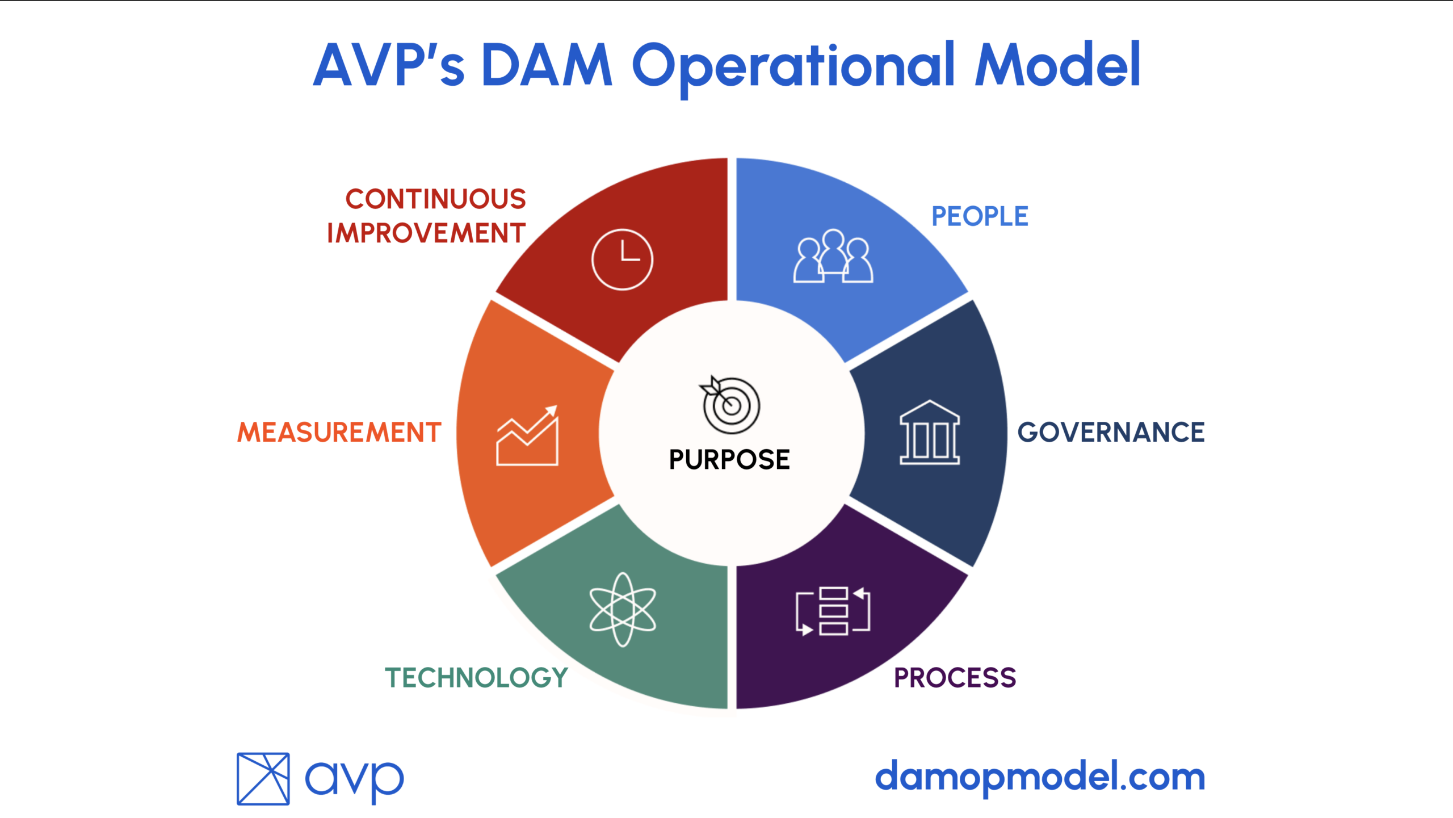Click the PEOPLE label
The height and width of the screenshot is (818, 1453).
tap(980, 216)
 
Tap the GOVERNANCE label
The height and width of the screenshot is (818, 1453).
tap(1111, 432)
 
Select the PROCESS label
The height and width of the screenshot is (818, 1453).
tap(955, 678)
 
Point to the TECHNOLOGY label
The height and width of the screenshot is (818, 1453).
tap(476, 678)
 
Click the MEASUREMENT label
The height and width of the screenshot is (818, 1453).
tap(339, 432)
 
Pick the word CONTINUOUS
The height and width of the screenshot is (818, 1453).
tap(436, 199)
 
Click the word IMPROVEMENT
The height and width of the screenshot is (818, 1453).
tap(426, 233)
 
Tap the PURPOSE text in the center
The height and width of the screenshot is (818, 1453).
tap(729, 459)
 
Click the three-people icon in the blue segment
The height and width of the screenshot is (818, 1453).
tap(833, 256)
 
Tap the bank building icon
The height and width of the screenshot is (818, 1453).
tap(930, 433)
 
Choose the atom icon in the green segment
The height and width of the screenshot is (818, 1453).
tap(623, 610)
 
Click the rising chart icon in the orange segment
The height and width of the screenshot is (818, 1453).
tap(527, 436)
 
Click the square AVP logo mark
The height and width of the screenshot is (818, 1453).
tap(263, 779)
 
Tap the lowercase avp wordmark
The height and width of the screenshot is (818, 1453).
tap(355, 781)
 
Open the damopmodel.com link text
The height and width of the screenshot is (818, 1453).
tap(1040, 777)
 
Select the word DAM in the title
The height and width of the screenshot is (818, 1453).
tap(547, 65)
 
